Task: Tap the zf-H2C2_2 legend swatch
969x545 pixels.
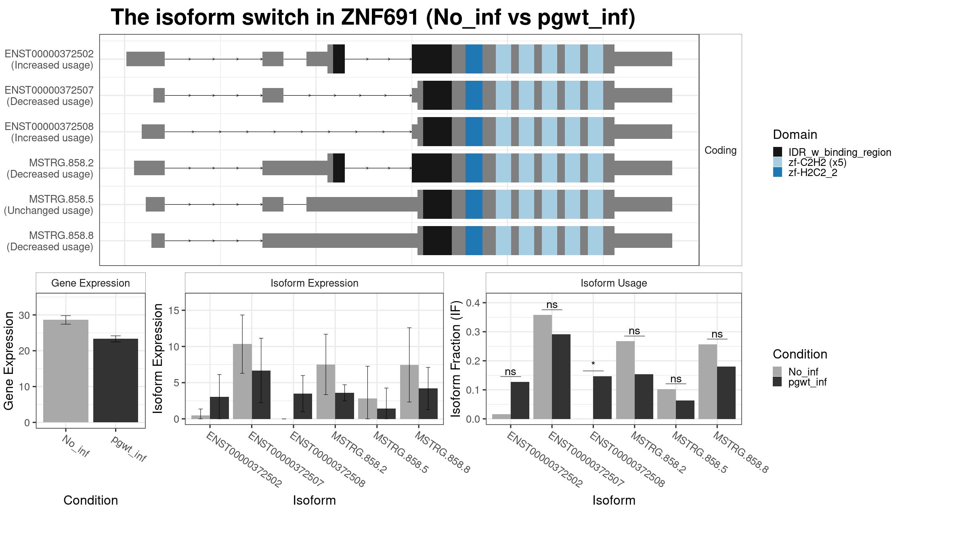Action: (777, 172)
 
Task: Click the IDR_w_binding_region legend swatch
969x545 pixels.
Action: (777, 152)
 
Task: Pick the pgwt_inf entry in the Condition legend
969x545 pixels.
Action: (777, 382)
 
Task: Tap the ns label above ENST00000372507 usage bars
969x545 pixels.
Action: (552, 305)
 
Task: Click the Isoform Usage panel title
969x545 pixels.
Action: (613, 283)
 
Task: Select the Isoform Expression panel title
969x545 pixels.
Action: (314, 283)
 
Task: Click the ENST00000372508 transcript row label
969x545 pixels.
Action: (49, 132)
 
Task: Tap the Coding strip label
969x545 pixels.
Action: (720, 150)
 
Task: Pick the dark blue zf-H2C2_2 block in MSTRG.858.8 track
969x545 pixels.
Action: (474, 241)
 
